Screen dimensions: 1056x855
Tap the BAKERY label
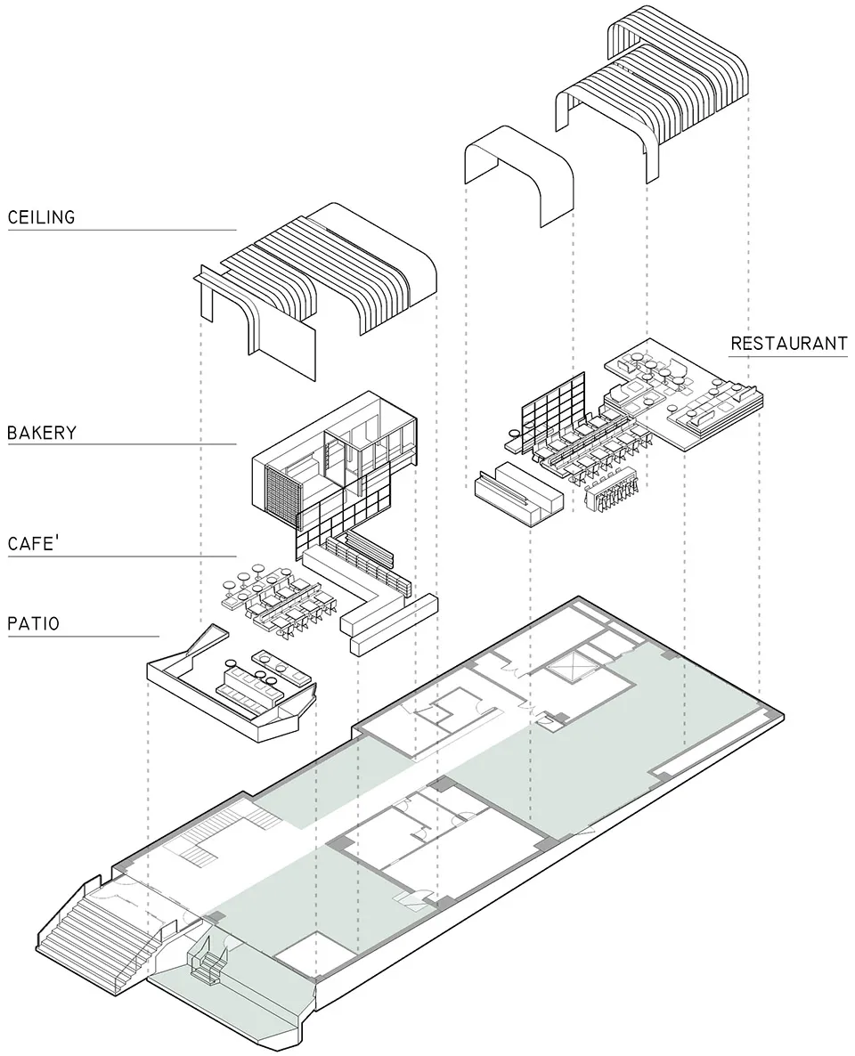pyautogui.click(x=42, y=434)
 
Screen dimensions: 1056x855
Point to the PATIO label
pyautogui.click(x=33, y=623)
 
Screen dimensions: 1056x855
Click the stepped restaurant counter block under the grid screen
pyautogui.click(x=517, y=495)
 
